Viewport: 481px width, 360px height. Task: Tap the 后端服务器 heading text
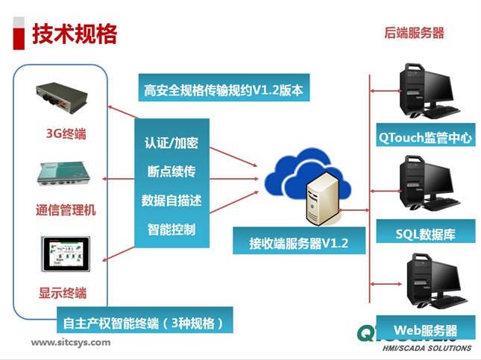(x=414, y=32)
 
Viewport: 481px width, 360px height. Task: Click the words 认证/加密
(x=172, y=143)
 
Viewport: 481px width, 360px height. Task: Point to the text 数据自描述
(x=172, y=200)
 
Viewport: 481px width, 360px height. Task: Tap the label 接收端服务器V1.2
(x=298, y=242)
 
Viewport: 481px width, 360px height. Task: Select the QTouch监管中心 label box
(x=415, y=136)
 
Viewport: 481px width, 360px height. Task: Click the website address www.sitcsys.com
(x=70, y=343)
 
